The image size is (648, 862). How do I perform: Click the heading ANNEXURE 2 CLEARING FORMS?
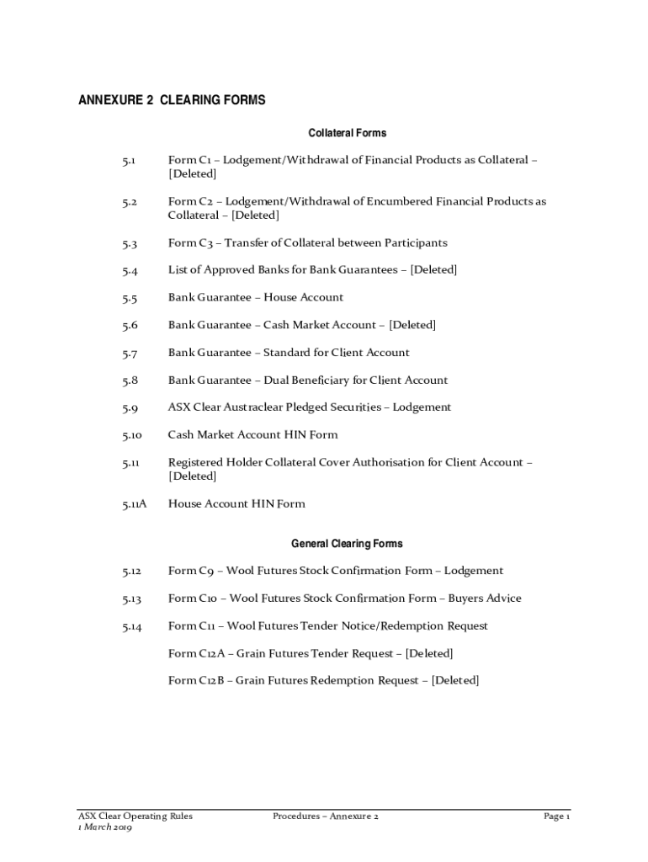(172, 100)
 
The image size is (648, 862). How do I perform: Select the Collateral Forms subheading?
(347, 133)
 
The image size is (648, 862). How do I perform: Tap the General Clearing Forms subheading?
(347, 544)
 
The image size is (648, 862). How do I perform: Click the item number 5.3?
(129, 243)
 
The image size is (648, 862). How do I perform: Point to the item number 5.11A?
(134, 504)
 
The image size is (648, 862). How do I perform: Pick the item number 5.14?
(131, 626)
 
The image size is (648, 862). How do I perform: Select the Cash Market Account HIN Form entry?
(252, 435)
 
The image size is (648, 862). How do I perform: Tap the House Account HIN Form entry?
(236, 504)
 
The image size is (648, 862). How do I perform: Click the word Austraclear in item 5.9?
(252, 407)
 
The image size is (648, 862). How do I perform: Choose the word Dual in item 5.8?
(277, 380)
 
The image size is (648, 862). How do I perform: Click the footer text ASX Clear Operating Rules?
(135, 816)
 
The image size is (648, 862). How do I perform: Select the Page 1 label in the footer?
(557, 816)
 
